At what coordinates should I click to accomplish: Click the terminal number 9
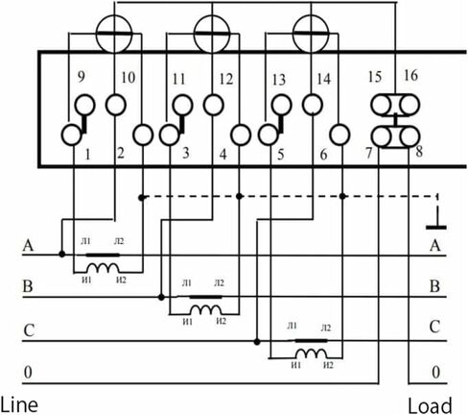82,77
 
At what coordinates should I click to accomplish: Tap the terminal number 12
226,78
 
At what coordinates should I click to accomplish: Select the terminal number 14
323,79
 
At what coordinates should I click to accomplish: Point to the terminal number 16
410,76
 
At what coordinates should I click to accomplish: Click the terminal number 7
369,153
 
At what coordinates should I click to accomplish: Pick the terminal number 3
186,153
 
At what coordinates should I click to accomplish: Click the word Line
19,404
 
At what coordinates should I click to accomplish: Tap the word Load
430,405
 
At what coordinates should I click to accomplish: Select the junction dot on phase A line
62,255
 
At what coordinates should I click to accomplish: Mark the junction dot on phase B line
161,298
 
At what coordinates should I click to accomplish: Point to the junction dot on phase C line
257,342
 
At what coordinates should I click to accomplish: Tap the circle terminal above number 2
116,105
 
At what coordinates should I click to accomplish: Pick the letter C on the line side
29,330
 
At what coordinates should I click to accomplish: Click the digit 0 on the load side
435,373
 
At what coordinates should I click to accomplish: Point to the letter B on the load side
434,286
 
